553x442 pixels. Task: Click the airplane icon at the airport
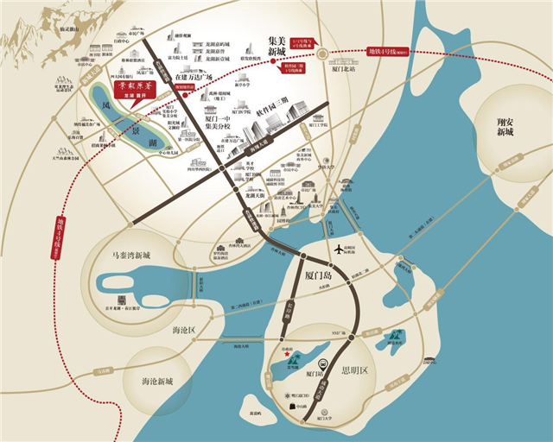340,249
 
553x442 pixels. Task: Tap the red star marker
286,351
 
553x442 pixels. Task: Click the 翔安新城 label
504,129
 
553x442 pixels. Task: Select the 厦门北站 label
344,71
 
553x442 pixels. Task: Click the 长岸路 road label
279,308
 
